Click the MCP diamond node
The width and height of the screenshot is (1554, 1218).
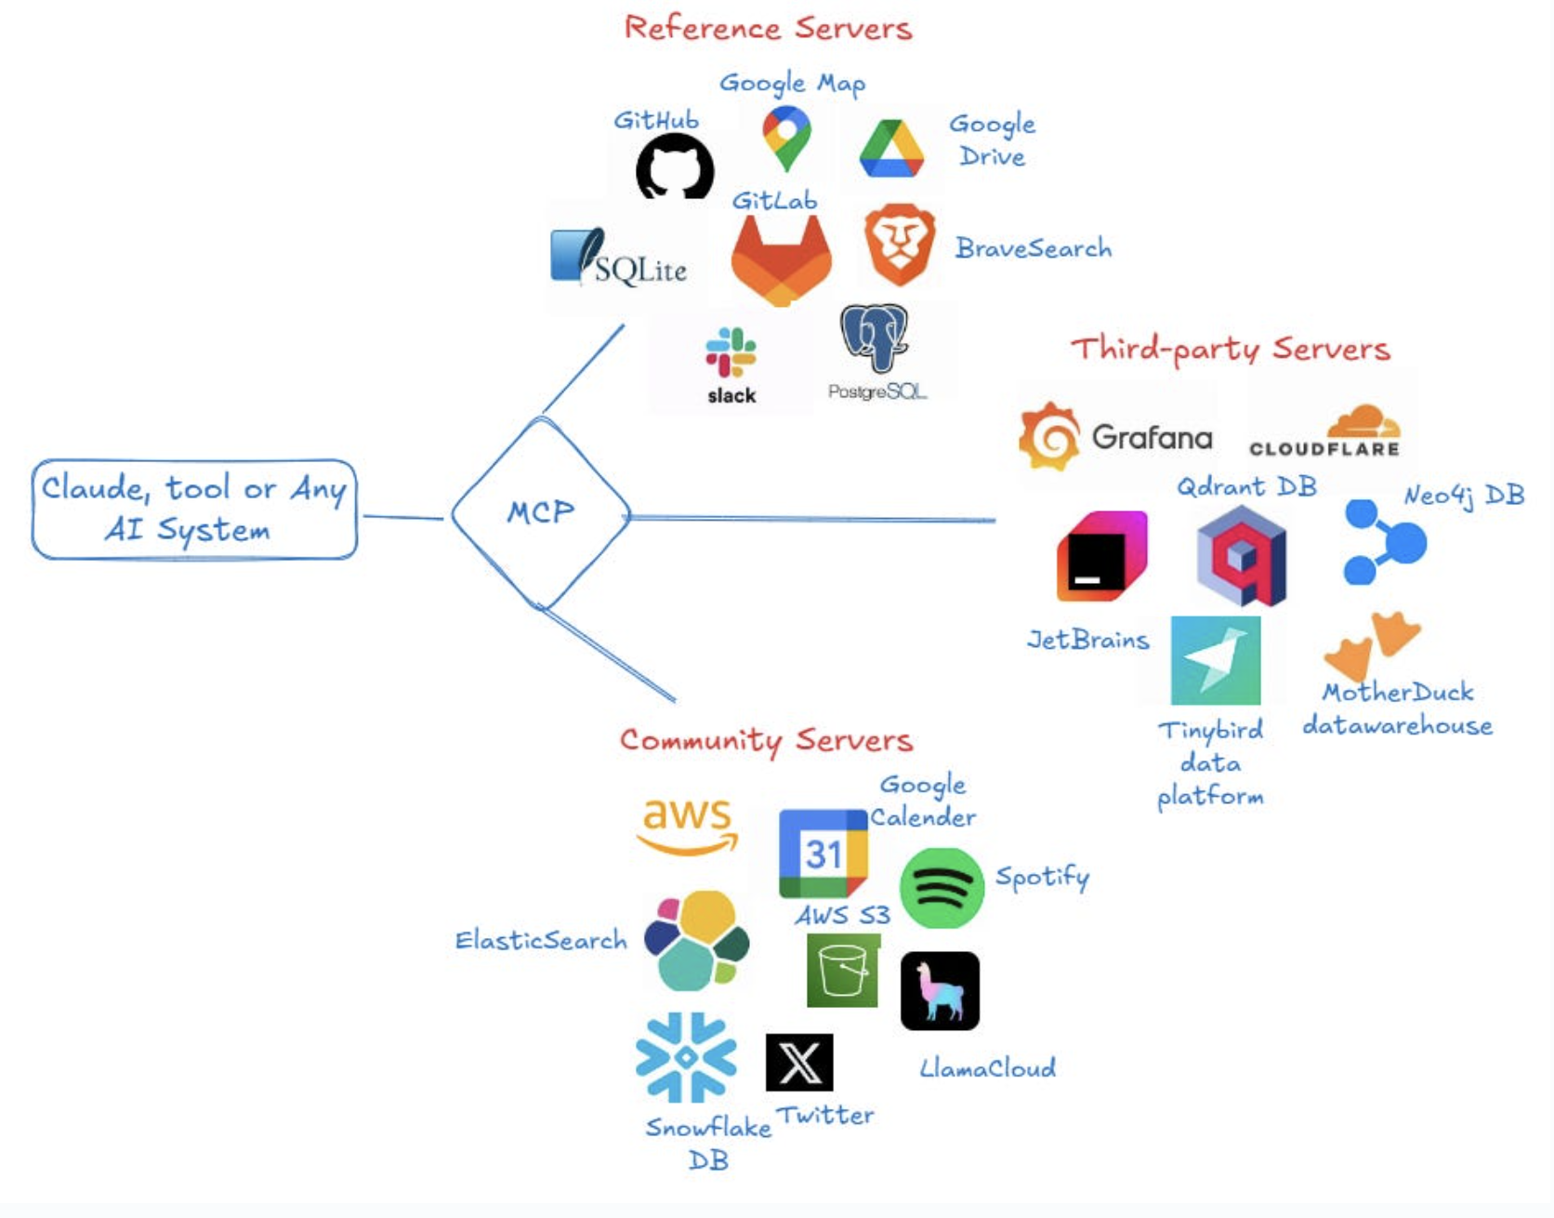541,512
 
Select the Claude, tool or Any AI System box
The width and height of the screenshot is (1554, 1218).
194,509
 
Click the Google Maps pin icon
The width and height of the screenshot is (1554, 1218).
786,138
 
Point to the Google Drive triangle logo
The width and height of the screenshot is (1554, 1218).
891,150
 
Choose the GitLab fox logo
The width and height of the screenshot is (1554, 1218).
781,261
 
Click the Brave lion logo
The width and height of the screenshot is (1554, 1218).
899,245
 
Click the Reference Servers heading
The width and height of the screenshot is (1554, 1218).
768,28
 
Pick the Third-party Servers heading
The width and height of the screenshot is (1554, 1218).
1230,349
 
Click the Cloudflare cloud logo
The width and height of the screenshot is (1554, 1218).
1362,423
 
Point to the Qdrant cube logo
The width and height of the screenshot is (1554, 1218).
1242,557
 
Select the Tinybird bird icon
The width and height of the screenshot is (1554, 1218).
1216,660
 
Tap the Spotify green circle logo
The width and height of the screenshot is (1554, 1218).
942,888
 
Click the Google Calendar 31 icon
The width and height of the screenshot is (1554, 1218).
823,853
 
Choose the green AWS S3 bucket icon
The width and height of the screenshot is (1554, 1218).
843,971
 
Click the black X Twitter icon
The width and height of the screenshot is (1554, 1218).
799,1062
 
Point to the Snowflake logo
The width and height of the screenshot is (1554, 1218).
686,1057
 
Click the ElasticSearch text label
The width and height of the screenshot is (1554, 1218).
541,941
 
